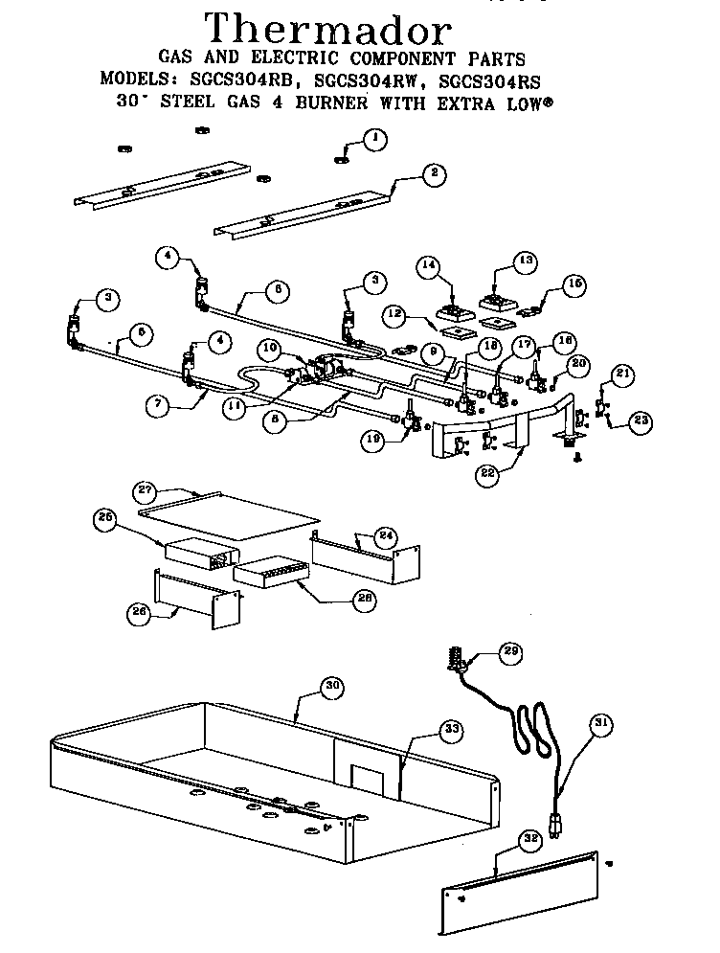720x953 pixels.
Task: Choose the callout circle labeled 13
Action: click(x=525, y=260)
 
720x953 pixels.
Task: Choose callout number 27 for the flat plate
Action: click(x=146, y=490)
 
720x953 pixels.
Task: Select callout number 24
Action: click(x=386, y=534)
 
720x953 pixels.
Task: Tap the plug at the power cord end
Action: click(x=553, y=822)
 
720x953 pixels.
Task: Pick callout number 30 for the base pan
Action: click(x=329, y=687)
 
